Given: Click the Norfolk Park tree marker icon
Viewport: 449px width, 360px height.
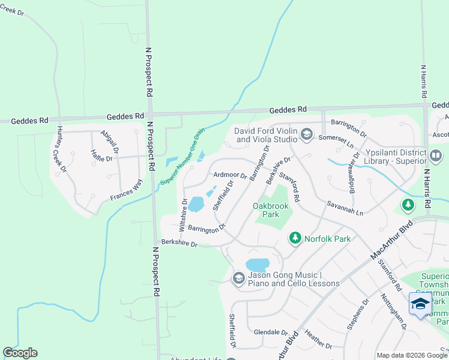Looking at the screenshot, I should [x=295, y=239].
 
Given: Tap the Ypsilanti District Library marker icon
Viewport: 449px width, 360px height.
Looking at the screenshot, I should [x=436, y=156].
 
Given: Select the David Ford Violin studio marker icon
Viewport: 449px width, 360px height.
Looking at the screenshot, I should [x=307, y=134].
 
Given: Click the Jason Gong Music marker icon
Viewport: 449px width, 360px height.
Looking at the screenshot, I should [x=238, y=278].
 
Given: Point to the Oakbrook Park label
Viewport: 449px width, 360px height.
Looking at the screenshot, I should [x=271, y=210].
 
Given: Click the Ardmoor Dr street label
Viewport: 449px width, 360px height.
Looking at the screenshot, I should [x=230, y=175].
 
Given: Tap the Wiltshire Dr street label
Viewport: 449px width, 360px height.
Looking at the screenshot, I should [x=184, y=214].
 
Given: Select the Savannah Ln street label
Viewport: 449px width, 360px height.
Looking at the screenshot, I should [x=345, y=209].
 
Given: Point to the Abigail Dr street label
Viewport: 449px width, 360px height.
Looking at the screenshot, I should [x=110, y=141].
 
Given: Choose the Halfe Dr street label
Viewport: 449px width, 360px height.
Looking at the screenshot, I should [x=101, y=158].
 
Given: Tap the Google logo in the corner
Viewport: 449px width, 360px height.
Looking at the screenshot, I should [x=20, y=353].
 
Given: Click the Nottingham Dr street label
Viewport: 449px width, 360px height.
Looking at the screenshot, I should [x=394, y=310].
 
